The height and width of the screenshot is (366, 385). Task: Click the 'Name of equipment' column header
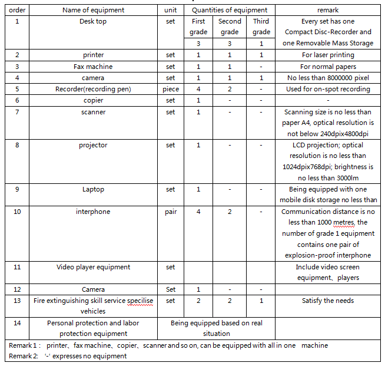pos(94,10)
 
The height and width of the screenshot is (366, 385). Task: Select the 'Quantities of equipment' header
pos(229,10)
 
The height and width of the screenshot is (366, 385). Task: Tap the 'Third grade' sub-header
pos(261,27)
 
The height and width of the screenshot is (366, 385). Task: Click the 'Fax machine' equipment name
pos(93,67)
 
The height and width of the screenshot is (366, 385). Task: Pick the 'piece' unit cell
pos(171,89)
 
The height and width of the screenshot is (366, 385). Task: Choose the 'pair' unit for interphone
pos(171,212)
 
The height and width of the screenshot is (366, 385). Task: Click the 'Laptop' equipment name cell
pos(93,189)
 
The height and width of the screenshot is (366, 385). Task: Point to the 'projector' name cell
pos(93,145)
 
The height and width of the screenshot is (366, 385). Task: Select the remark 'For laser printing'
pos(327,55)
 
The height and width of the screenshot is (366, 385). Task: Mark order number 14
pos(17,323)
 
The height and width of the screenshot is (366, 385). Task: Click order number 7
pos(17,112)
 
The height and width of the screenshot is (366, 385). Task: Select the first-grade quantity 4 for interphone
pos(198,212)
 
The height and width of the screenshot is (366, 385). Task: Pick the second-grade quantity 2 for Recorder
pos(230,89)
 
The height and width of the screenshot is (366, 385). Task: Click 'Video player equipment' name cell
pos(93,267)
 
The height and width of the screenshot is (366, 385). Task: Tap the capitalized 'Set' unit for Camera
pos(171,289)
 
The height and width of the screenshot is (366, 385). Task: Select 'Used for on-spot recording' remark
pos(327,89)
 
